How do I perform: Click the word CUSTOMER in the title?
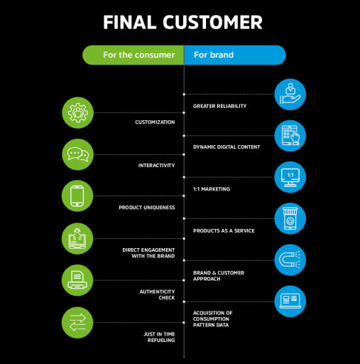212,22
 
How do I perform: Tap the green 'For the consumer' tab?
133,55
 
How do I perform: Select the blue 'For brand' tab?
235,55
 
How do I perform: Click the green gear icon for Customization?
77,113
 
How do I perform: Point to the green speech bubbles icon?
77,154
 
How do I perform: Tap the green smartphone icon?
77,196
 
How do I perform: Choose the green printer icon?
77,280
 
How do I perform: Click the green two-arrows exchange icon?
77,323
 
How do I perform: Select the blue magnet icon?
290,260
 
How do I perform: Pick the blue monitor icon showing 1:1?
290,177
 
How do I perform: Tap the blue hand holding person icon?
290,95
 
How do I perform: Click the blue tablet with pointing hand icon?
290,136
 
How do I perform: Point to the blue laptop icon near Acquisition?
290,301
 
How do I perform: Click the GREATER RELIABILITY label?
219,106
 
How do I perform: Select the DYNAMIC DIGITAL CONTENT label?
227,147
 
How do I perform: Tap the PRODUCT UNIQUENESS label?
147,208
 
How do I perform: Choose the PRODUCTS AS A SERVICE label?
224,231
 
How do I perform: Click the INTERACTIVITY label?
156,166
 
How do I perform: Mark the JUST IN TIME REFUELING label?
159,337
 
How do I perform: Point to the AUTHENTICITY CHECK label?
157,294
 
